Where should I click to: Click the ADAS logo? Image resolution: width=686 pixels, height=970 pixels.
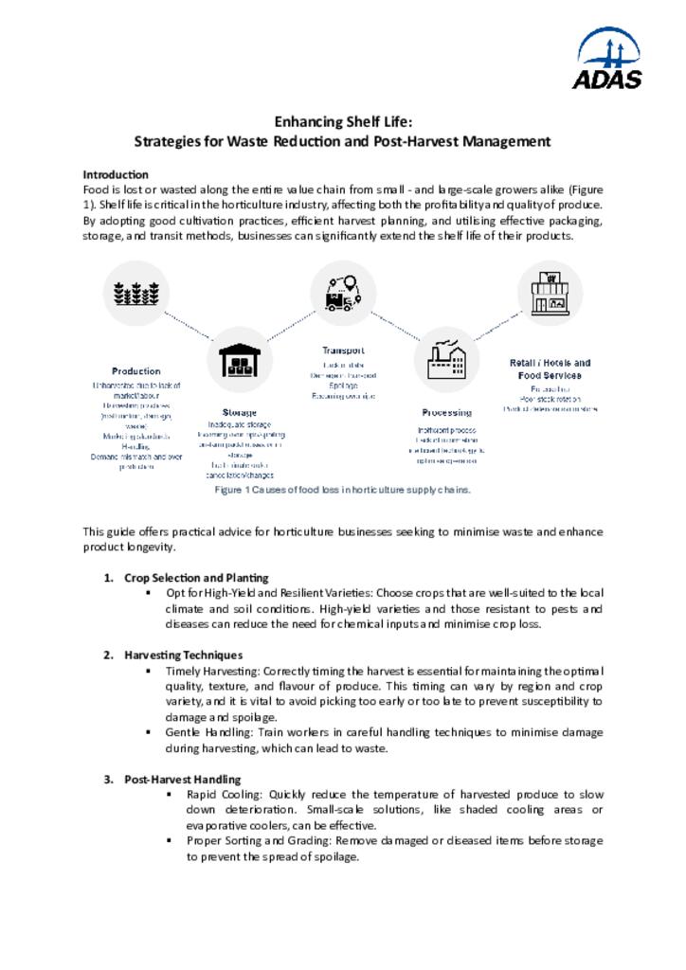coord(606,59)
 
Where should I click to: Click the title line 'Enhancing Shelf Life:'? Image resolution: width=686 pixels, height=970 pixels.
coord(342,121)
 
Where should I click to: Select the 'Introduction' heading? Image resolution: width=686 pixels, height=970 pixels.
coord(116,174)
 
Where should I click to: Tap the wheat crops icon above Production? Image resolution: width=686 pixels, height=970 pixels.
coord(135,293)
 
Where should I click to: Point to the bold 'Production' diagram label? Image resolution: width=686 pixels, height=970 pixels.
coord(136,371)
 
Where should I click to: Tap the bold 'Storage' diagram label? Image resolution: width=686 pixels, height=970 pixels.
coord(239,412)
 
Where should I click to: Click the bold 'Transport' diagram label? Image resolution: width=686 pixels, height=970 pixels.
coord(343,350)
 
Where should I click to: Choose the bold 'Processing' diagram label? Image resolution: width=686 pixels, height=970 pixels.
coord(446,412)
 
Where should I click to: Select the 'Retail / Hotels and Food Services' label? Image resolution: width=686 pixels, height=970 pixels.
coord(550,368)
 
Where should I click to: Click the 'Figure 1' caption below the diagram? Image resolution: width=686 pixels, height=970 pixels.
coord(342,490)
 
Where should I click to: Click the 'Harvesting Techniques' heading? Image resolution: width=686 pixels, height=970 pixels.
coord(183,655)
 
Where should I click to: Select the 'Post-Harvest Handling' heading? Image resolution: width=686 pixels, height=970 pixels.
coord(183,779)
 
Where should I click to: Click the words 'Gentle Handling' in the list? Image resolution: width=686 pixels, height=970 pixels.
coord(205,732)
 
